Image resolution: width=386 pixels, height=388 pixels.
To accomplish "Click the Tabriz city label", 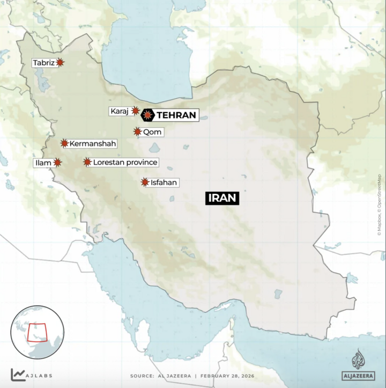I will point(43,63).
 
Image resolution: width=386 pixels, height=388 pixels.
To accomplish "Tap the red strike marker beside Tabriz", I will point(60,63).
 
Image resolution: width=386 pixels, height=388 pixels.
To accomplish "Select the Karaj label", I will point(119,111).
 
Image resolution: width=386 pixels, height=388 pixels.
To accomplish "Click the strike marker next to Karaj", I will point(136,111).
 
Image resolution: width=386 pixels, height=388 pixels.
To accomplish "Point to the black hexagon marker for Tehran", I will point(147,114).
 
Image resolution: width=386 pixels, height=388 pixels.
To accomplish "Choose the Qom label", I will point(152,131).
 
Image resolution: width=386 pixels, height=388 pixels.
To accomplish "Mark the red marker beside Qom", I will point(138,131).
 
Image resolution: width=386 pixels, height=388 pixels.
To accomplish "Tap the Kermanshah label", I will point(92,143).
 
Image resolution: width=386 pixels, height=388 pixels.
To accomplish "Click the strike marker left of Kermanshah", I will point(64,143).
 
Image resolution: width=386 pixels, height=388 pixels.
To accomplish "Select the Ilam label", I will point(44,163).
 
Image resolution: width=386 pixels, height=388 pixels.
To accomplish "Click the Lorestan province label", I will point(125,162).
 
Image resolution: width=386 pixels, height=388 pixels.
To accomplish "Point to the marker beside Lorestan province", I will point(87,162).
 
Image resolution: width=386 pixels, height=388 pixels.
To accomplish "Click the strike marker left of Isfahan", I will point(145,182).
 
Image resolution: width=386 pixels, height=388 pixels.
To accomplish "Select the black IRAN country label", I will point(221,197).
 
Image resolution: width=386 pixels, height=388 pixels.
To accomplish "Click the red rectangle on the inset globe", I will point(37,333).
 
